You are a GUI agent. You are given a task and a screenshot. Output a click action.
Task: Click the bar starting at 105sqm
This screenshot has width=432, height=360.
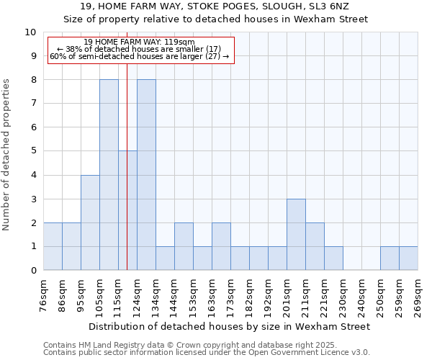coord(109,175)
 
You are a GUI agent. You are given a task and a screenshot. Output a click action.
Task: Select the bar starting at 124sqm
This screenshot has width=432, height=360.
coord(146,175)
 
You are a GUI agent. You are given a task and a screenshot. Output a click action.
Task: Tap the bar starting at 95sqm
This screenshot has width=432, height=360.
coord(90,222)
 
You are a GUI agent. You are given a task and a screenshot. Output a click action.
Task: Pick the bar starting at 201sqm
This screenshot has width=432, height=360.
coord(296,235)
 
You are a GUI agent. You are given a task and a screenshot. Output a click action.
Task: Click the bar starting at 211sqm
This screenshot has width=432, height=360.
coord(315,246)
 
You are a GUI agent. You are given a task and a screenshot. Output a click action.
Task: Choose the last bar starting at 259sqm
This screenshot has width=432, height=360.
coord(408,258)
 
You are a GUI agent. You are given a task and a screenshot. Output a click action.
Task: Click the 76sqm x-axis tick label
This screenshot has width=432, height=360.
coord(44,297)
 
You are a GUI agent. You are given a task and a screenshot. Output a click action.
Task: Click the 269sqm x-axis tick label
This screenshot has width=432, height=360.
coord(418,297)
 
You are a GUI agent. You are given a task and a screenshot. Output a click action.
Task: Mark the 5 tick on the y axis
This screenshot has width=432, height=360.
coord(33,151)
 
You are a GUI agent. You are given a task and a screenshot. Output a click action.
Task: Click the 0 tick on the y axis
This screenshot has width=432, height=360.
coord(33,271)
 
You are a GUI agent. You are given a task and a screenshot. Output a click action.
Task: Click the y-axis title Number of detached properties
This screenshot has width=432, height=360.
coord(8,155)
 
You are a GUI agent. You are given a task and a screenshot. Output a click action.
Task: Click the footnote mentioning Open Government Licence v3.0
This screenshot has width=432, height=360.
coord(207,352)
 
